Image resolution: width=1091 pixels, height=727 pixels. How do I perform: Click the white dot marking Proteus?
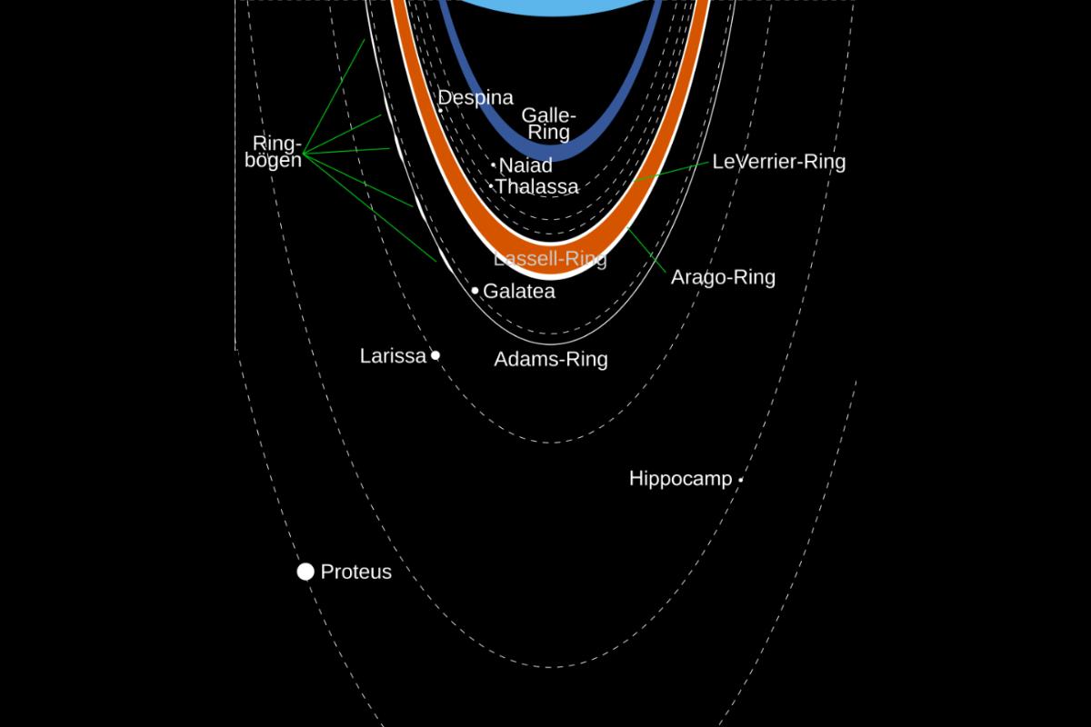(x=305, y=572)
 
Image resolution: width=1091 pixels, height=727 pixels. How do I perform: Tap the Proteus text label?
(x=356, y=573)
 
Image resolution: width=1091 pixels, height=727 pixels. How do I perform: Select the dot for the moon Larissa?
(x=435, y=355)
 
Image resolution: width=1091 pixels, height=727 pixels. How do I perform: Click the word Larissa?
(x=393, y=356)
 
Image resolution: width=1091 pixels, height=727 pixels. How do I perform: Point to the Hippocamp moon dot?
(x=741, y=480)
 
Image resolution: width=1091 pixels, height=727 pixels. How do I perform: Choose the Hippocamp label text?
(x=680, y=479)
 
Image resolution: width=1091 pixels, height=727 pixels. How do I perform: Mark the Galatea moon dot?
(x=475, y=291)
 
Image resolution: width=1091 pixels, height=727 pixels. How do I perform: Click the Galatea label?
(x=518, y=292)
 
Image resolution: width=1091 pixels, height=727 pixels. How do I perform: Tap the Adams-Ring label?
(x=551, y=359)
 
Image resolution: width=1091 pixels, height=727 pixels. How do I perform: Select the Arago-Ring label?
(x=723, y=277)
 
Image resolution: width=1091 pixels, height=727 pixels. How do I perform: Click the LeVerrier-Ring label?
(x=779, y=162)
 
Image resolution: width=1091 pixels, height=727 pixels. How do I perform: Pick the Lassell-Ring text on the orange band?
(x=550, y=259)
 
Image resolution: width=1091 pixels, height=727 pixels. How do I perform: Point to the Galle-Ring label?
(x=549, y=124)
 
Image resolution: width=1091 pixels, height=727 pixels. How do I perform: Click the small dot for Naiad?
(x=494, y=165)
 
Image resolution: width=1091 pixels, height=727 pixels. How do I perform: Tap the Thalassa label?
(x=537, y=187)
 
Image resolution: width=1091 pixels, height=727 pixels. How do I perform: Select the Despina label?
(x=476, y=98)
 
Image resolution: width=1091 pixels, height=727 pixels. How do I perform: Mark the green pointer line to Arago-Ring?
(x=647, y=252)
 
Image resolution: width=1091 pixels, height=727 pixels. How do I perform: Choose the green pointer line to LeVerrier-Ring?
(x=670, y=172)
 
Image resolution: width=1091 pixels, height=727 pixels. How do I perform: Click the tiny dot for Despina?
(x=441, y=110)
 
